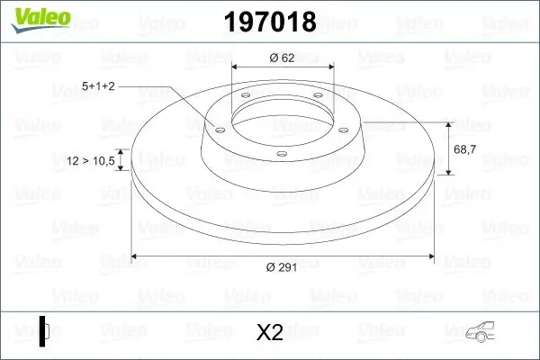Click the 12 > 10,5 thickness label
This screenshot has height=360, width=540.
[x=91, y=161]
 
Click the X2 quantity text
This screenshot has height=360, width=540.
[x=270, y=332]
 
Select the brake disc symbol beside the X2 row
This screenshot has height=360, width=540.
[x=45, y=331]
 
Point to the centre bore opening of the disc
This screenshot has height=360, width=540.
[x=281, y=117]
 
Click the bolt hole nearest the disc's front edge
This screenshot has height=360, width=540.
[x=281, y=155]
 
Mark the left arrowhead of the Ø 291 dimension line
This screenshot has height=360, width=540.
[x=135, y=257]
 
